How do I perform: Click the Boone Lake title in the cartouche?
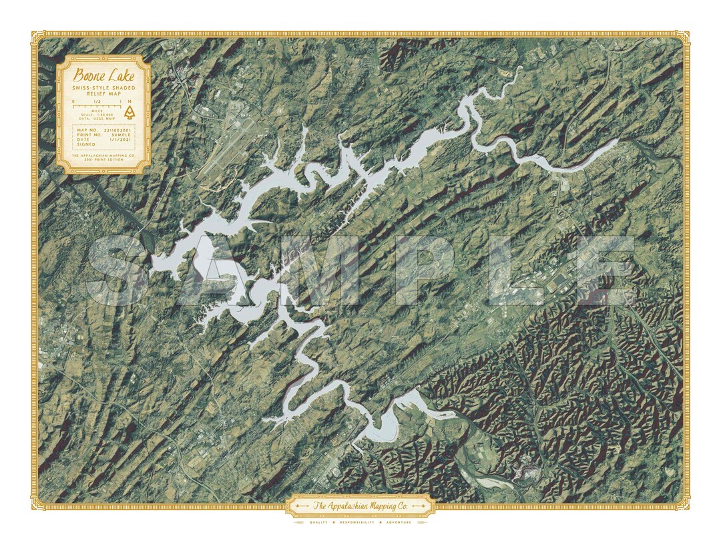pos(104,75)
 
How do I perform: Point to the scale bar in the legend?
pos(97,106)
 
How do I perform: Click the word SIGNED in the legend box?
pos(86,144)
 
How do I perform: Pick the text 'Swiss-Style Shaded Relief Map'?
pos(104,91)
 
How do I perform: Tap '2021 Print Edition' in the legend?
pos(104,160)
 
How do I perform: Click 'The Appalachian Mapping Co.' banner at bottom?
pos(360,506)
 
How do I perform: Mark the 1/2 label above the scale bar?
pos(97,102)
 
